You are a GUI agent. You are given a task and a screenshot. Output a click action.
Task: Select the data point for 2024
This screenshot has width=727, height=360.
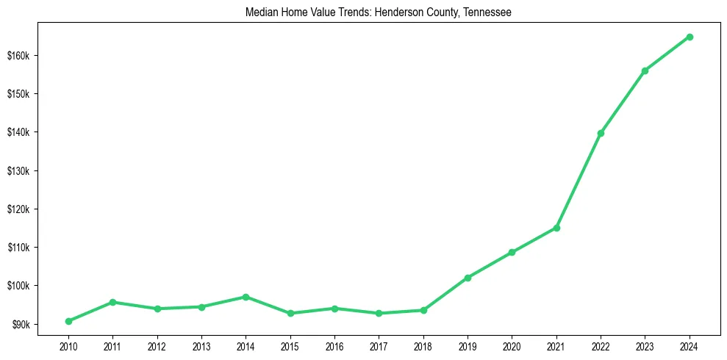click(690, 37)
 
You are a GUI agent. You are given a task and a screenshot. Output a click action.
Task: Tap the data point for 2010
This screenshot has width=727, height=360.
click(68, 321)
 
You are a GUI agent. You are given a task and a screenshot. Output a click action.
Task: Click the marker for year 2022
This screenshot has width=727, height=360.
click(601, 133)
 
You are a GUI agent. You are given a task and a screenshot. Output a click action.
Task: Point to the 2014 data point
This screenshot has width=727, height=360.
click(246, 297)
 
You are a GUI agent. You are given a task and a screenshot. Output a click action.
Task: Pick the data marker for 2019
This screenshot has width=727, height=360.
click(468, 278)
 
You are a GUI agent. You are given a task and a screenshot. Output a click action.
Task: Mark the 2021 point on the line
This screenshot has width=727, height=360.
click(556, 228)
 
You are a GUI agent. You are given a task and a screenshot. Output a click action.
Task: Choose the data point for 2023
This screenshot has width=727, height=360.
click(645, 71)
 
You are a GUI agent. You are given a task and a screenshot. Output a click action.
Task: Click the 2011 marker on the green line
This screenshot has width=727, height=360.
click(112, 302)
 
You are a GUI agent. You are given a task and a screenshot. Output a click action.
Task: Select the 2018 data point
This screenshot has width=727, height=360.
click(423, 310)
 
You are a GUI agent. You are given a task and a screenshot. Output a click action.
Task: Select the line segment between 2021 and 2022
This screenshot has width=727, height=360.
click(579, 181)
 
